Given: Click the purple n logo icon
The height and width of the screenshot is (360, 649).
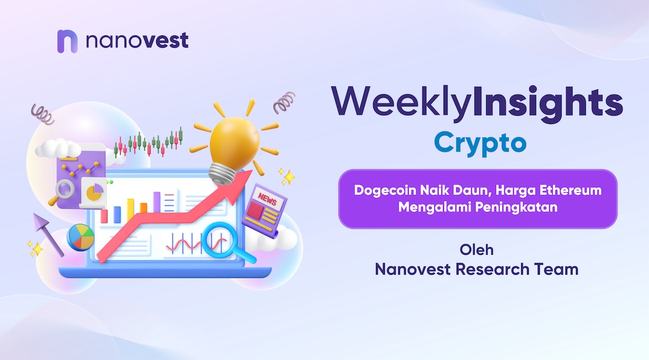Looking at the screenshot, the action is [67, 42].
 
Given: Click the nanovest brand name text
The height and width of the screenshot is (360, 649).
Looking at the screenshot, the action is [137, 40].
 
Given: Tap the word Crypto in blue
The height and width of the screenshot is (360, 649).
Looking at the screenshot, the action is [480, 143].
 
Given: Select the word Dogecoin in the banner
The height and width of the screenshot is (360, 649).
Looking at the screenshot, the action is [385, 191].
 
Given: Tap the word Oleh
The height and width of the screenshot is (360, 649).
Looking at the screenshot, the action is [476, 250].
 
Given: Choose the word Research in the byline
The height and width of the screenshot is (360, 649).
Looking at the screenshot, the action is [492, 269].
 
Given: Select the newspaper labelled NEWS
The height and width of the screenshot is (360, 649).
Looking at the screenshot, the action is [264, 210].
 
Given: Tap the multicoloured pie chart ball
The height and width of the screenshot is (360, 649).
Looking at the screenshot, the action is [80, 238].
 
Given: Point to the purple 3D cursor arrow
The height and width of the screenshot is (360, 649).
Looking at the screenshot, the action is [48, 234].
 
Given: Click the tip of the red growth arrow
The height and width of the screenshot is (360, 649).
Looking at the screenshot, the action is [251, 169].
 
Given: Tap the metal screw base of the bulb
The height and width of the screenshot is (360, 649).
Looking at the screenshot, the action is [223, 174].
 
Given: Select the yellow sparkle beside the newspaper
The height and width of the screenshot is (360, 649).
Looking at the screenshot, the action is [287, 177].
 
